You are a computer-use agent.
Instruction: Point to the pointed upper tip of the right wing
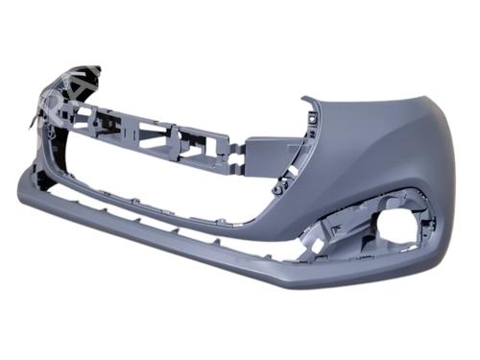tap(306, 98)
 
